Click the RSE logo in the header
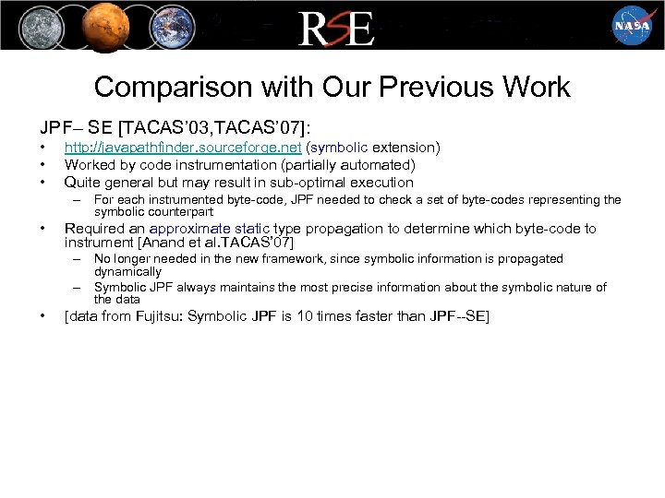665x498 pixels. [x=335, y=28]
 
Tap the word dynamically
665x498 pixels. [x=127, y=271]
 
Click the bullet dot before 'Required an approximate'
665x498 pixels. [x=43, y=228]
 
